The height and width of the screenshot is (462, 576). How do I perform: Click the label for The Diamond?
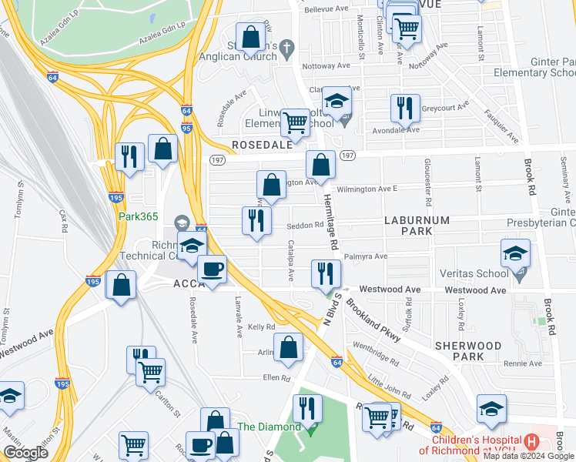click(268, 427)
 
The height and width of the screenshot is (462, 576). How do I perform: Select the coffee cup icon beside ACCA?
click(212, 269)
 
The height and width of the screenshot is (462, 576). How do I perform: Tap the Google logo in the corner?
click(25, 453)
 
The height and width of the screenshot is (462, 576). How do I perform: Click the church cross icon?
click(286, 48)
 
